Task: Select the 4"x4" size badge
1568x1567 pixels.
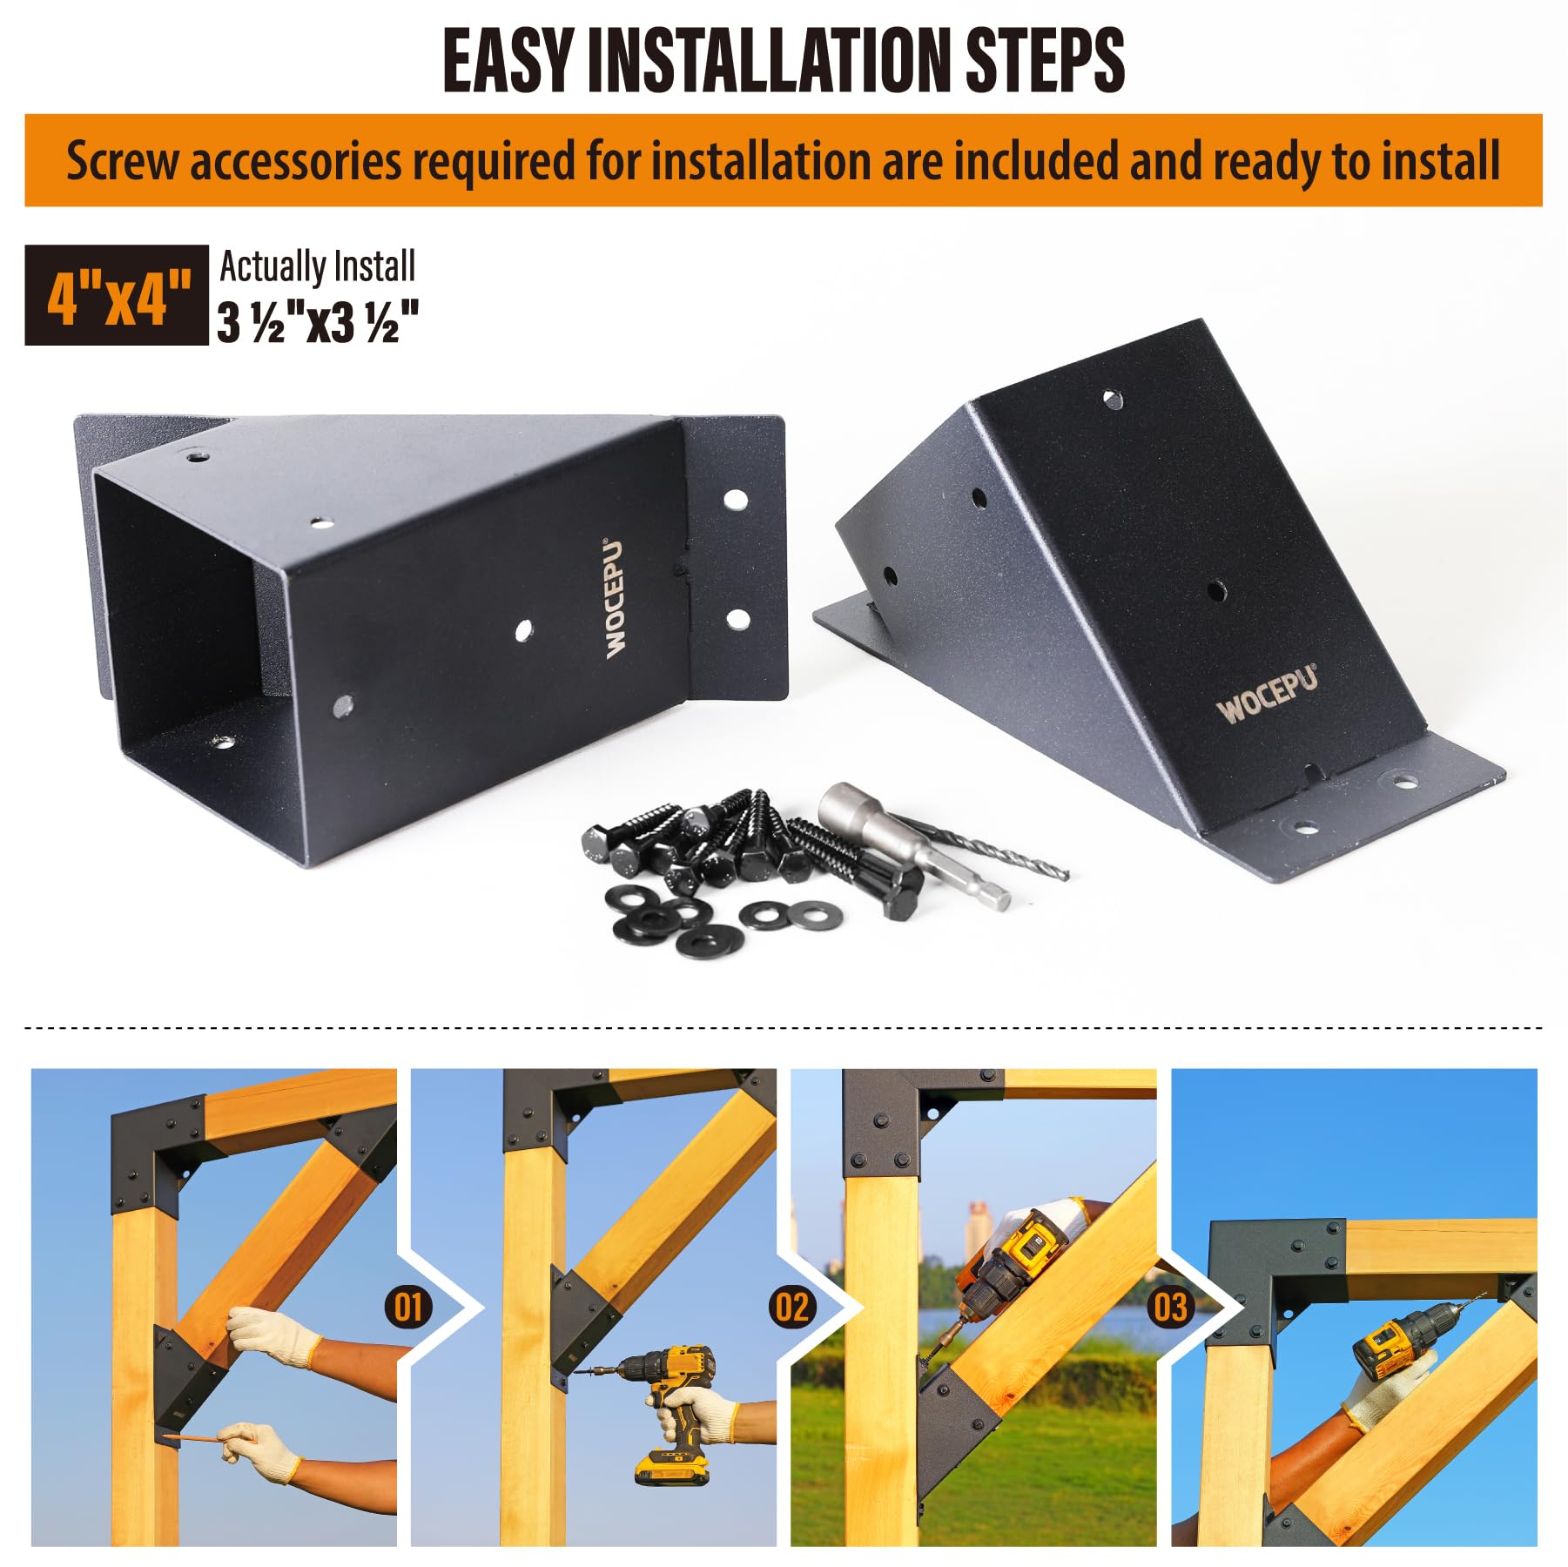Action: click(117, 296)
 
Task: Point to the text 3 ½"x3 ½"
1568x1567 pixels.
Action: click(319, 322)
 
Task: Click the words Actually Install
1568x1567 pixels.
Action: click(317, 266)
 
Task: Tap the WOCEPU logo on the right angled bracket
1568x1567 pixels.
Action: click(1267, 694)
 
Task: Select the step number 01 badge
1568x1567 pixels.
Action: click(407, 1308)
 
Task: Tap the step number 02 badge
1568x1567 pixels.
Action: click(791, 1307)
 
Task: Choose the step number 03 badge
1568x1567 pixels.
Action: click(1170, 1307)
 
